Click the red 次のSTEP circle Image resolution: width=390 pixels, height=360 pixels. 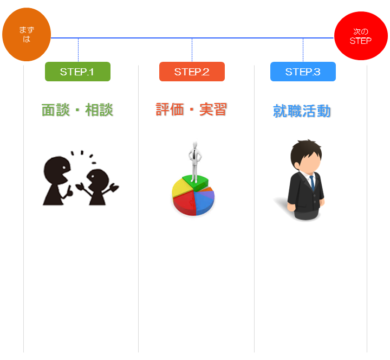[361, 36]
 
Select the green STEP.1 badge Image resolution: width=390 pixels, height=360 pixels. [77, 72]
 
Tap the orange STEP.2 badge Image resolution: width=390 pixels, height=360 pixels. [192, 72]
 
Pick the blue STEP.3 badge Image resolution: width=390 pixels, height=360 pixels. [303, 72]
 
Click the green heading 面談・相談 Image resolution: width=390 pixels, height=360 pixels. [77, 110]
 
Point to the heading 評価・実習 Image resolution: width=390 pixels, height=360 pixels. [191, 110]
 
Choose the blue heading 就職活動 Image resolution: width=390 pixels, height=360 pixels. [302, 111]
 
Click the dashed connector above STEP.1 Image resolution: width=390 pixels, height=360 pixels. [78, 50]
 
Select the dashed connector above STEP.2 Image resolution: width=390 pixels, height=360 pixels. [192, 50]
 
